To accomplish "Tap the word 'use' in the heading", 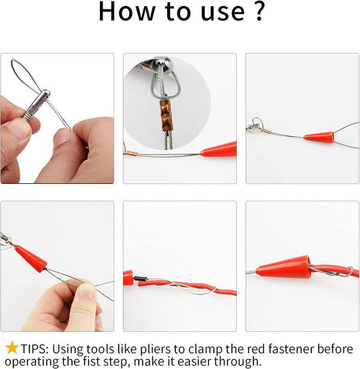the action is pos(223,13).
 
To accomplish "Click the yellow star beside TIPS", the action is pos(12,347).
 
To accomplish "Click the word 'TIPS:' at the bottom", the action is pos(35,349).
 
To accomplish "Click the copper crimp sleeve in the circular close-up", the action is pos(167,115).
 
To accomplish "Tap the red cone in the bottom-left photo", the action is pos(30,258).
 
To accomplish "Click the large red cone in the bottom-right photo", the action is pos(283,266).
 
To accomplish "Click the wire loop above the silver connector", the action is pos(25,73).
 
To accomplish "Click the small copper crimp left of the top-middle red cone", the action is pos(131,154).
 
